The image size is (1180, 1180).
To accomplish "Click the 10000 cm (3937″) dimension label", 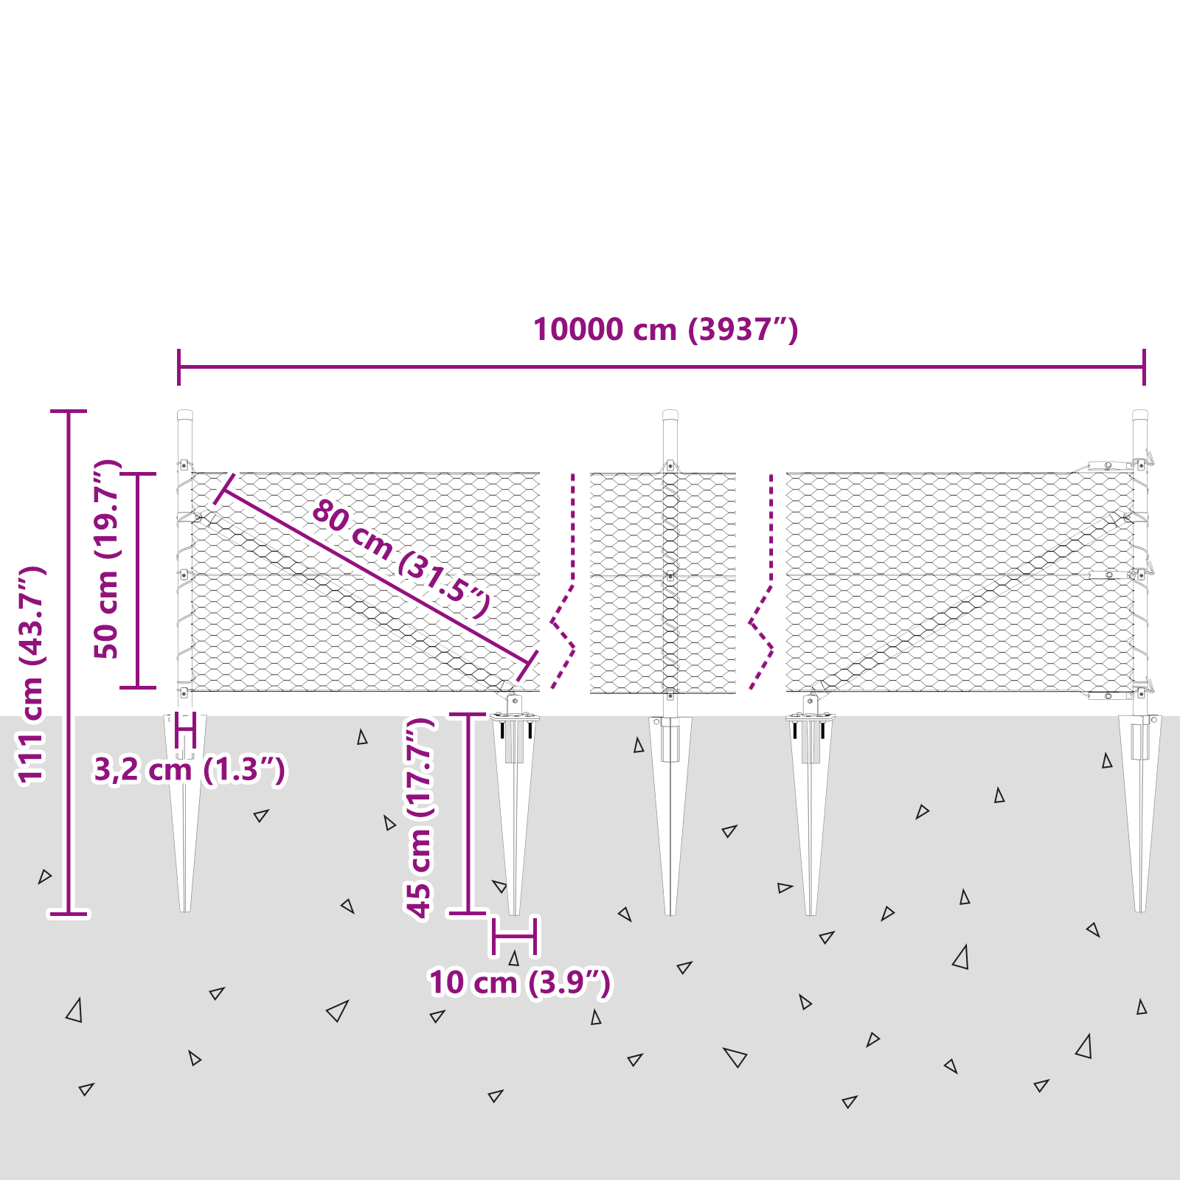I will pyautogui.click(x=665, y=330).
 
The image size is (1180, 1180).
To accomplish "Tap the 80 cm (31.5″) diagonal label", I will pyautogui.click(x=400, y=558).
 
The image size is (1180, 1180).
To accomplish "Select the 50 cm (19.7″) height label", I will pyautogui.click(x=108, y=559).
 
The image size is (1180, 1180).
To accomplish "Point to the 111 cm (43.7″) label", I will pyautogui.click(x=32, y=675).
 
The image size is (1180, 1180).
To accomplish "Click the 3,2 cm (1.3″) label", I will pyautogui.click(x=189, y=770).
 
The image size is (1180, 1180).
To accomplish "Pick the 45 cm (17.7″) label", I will pyautogui.click(x=420, y=819).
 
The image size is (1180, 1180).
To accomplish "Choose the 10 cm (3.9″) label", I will pyautogui.click(x=520, y=983).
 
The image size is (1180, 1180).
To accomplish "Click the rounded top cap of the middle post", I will pyautogui.click(x=670, y=415).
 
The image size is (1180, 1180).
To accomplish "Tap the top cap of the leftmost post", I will pyautogui.click(x=185, y=415).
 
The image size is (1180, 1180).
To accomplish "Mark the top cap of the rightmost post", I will pyautogui.click(x=1140, y=415).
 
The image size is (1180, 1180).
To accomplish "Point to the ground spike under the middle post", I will pyautogui.click(x=670, y=811).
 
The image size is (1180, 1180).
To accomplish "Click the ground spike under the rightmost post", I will pyautogui.click(x=1140, y=811).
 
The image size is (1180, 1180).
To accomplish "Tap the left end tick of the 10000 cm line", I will pyautogui.click(x=179, y=367).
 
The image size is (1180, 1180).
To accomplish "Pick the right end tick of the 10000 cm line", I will pyautogui.click(x=1144, y=367).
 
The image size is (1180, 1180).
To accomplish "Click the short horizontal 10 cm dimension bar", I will pyautogui.click(x=515, y=936).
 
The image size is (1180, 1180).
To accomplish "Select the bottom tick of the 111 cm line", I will pyautogui.click(x=69, y=914).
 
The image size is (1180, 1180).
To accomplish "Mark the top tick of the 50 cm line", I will pyautogui.click(x=138, y=475).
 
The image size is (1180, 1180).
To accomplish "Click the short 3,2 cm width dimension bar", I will pyautogui.click(x=185, y=730).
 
